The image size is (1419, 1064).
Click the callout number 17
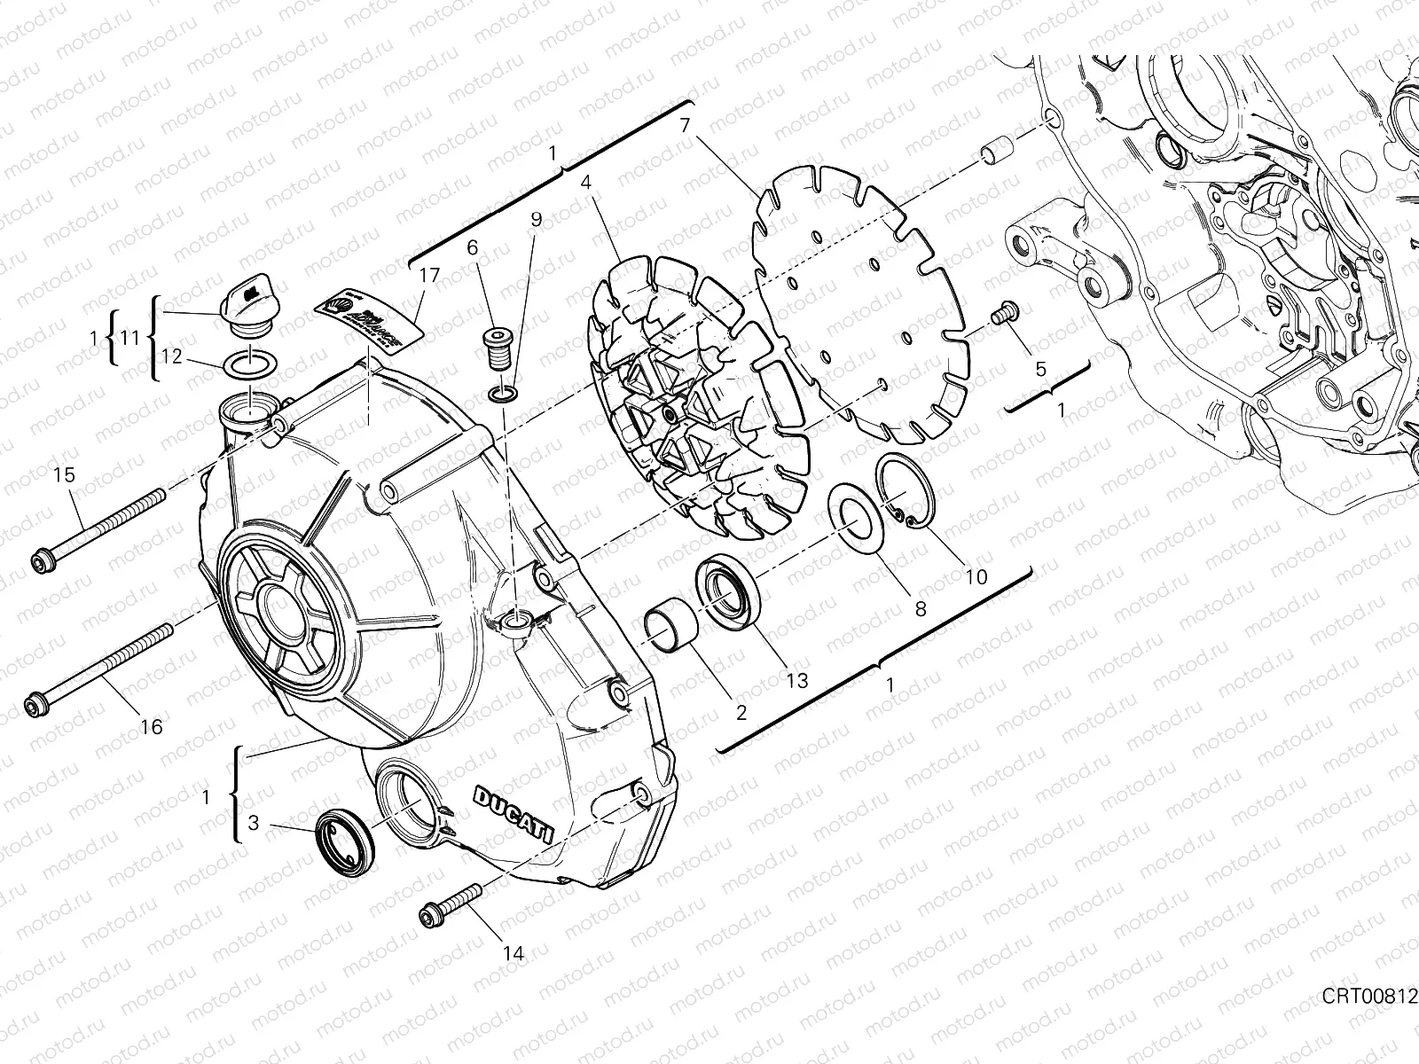point(429,276)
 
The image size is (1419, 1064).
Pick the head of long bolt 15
point(40,560)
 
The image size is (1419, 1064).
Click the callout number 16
point(152,727)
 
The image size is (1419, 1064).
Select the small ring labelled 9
point(503,393)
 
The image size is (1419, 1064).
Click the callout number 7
point(685,126)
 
